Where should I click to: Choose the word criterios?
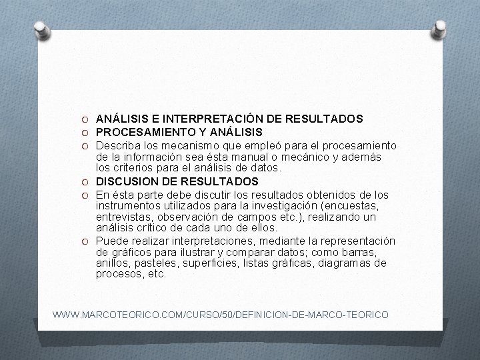(133, 169)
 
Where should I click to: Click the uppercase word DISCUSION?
(127, 181)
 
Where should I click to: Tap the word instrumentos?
(125, 206)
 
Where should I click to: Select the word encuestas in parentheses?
(334, 206)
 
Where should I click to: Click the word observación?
(188, 217)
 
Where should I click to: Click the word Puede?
(110, 241)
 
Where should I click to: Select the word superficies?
(212, 263)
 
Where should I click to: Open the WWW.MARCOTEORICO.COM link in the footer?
(220, 313)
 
